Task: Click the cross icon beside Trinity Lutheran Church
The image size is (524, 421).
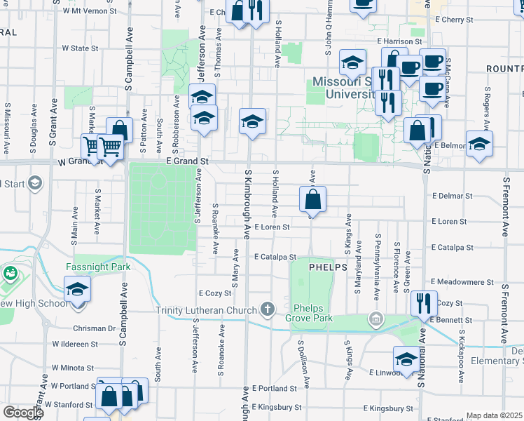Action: (x=267, y=309)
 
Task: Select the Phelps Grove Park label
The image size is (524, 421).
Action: (x=312, y=313)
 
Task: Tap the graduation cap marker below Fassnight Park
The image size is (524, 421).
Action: (x=77, y=288)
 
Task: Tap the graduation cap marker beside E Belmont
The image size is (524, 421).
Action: (x=478, y=144)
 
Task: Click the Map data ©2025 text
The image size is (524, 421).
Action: (x=494, y=415)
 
